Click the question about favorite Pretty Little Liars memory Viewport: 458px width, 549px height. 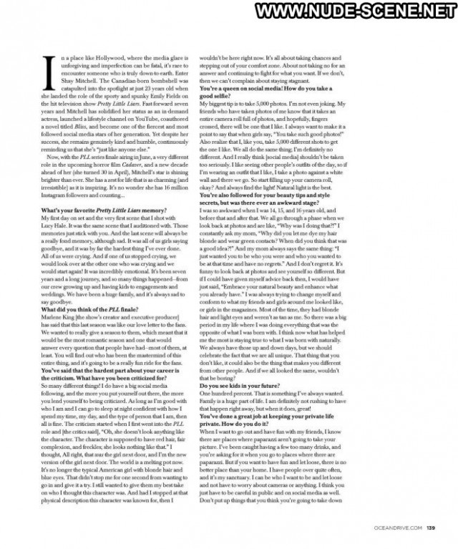(104, 209)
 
